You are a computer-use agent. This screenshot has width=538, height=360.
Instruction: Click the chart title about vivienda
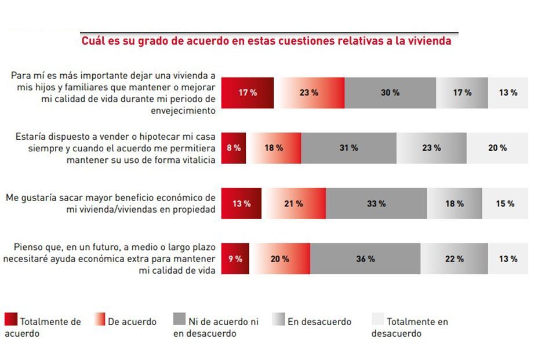266,41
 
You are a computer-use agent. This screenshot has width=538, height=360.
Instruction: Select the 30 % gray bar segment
390,93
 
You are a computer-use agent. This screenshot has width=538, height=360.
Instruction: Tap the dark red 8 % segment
234,148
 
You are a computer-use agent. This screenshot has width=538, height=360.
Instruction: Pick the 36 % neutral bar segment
365,259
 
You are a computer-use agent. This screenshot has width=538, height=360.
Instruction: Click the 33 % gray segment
376,203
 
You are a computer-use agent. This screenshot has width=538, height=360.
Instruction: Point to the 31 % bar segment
348,148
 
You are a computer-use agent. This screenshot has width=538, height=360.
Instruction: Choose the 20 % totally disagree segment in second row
497,148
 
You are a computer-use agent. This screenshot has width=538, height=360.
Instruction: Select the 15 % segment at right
505,203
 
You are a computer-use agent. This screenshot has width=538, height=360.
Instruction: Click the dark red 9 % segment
235,259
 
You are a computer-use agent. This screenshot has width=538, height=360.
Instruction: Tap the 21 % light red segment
293,203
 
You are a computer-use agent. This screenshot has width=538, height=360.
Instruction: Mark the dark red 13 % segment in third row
242,203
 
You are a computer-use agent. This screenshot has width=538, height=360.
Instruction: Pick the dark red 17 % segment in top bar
248,93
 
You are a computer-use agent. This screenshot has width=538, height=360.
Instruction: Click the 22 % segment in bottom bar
454,259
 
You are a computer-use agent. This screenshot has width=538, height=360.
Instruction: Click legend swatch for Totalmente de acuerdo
11,320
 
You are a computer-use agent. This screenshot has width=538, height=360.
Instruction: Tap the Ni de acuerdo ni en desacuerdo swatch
180,320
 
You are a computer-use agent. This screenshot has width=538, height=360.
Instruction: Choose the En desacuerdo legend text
319,322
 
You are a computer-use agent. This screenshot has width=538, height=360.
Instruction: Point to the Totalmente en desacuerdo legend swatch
377,320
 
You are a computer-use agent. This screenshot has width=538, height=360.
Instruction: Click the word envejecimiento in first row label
183,110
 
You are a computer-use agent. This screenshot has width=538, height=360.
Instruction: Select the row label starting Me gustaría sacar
110,203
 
